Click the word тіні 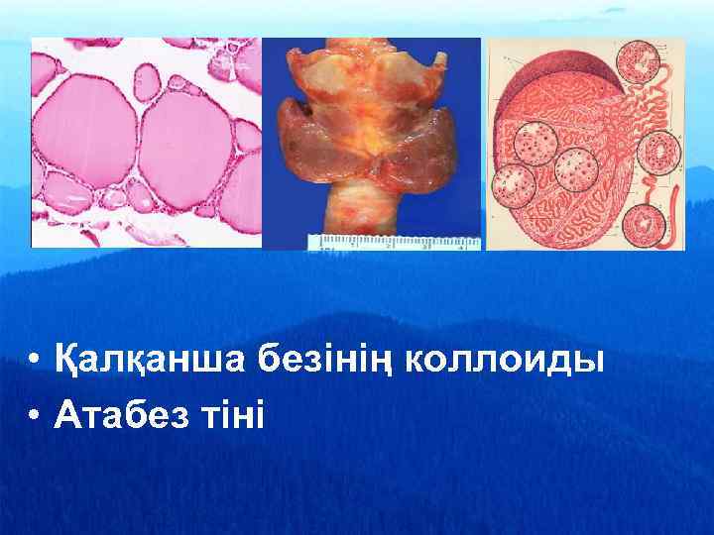pos(233,416)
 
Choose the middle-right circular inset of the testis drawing pos(658,153)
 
